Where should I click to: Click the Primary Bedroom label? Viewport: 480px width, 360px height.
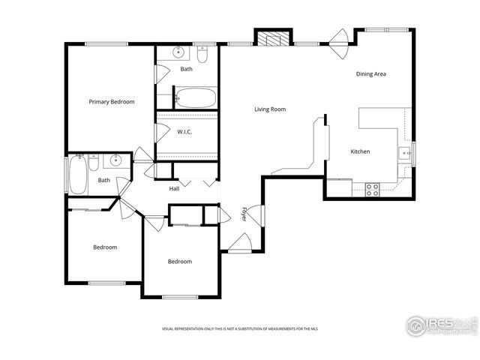tap(112, 101)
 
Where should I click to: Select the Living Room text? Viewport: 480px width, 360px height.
tap(270, 109)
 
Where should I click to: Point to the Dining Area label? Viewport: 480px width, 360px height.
tap(370, 73)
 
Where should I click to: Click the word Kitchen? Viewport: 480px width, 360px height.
tap(360, 151)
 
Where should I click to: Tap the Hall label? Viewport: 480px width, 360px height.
tap(174, 188)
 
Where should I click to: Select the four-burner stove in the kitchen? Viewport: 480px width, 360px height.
tap(372, 189)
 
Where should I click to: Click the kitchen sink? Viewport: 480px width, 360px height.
tap(405, 154)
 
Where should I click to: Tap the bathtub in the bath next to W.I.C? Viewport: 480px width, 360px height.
tap(196, 97)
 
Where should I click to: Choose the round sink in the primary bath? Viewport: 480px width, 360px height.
tap(178, 52)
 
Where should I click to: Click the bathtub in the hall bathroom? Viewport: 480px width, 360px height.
tap(76, 174)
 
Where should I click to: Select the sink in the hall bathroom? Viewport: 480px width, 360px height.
tap(115, 160)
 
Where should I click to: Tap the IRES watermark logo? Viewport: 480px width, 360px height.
tap(440, 325)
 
